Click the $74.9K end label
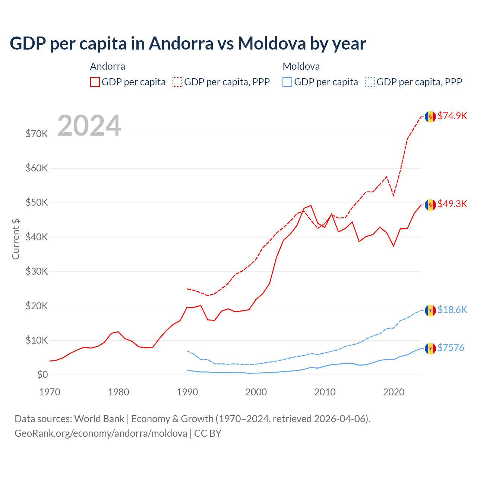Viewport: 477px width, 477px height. point(452,116)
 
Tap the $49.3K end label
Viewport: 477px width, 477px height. point(452,204)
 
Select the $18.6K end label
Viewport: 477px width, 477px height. point(452,310)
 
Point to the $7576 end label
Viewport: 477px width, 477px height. point(451,348)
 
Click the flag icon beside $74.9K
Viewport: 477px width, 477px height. point(430,116)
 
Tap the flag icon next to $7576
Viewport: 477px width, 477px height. point(430,348)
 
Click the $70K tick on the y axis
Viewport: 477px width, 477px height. point(37,134)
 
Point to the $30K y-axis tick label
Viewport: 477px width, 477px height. point(37,271)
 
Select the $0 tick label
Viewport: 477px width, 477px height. point(42,375)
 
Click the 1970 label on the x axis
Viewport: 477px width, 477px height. point(50,392)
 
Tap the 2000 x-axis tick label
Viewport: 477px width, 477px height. point(256,392)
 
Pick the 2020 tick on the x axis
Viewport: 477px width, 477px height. point(394,392)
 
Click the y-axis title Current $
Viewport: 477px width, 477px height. point(16,239)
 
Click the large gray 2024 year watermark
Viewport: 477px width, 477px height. point(89,126)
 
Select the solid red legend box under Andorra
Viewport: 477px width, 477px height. point(95,82)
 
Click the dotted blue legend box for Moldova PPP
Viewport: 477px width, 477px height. point(370,82)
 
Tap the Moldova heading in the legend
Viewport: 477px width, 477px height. point(301,66)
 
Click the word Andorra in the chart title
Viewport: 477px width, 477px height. point(181,43)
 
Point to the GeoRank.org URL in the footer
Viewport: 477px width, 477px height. point(101,433)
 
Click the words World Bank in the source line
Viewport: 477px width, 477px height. point(99,419)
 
